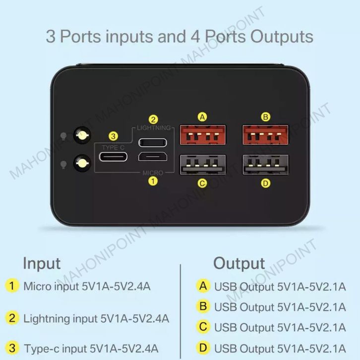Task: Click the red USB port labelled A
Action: coord(202,135)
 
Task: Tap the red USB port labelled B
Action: coord(266,135)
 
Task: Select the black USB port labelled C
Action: coord(202,165)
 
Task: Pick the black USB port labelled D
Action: coord(266,165)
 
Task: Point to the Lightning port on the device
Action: coord(153,143)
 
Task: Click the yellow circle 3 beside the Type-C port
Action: coord(114,136)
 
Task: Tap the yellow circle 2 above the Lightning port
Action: coord(154,120)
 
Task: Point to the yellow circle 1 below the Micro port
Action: coord(153,181)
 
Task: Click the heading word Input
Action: coord(42,263)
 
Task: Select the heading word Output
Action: coord(239,263)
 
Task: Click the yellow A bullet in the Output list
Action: coord(202,286)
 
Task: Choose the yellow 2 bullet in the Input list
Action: coord(12,317)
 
